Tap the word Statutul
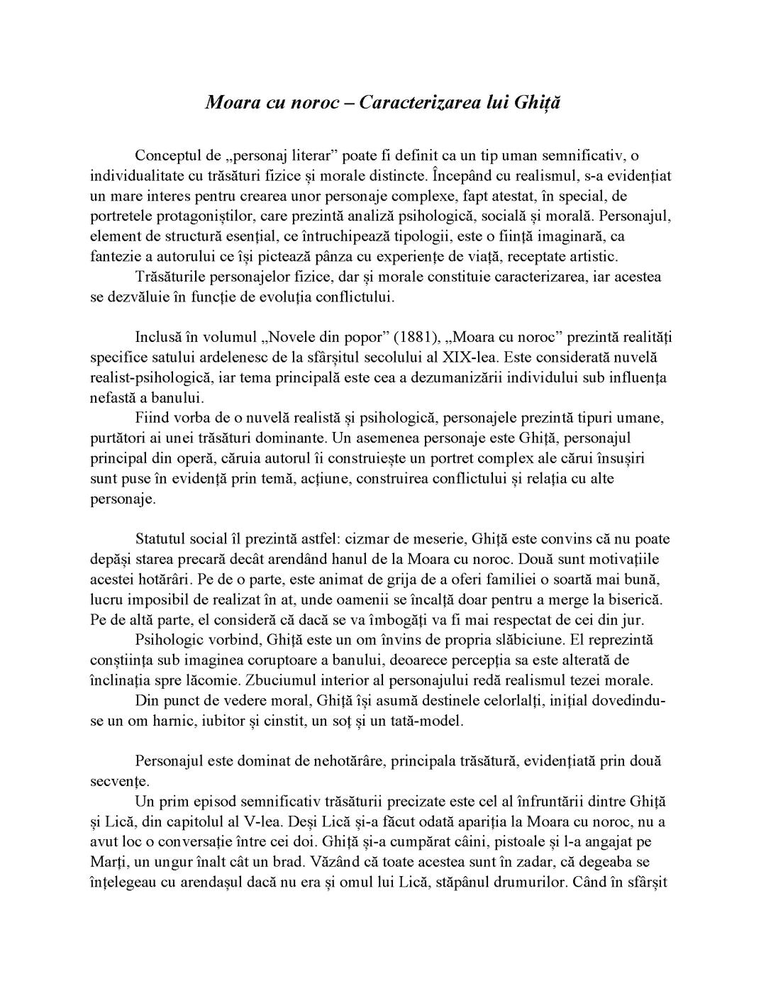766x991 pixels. pos(163,538)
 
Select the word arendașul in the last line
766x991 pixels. pos(209,883)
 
